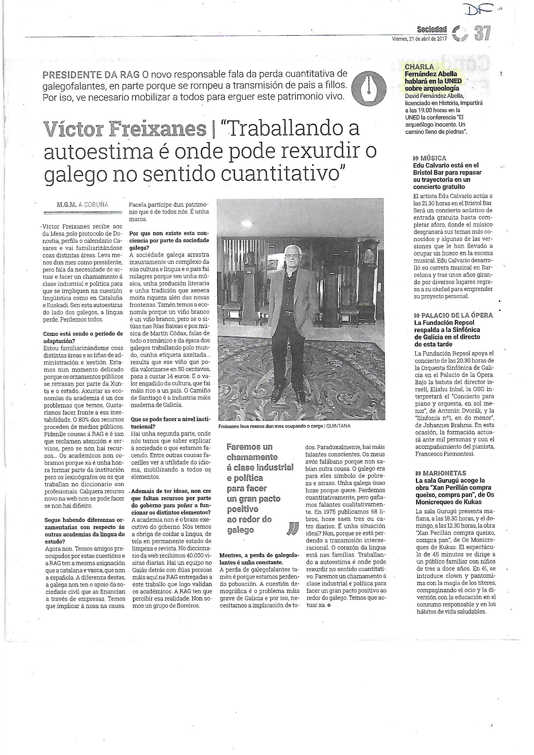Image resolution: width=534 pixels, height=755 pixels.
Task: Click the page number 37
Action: (x=482, y=33)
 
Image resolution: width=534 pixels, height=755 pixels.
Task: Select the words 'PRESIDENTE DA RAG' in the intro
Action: (x=91, y=75)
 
